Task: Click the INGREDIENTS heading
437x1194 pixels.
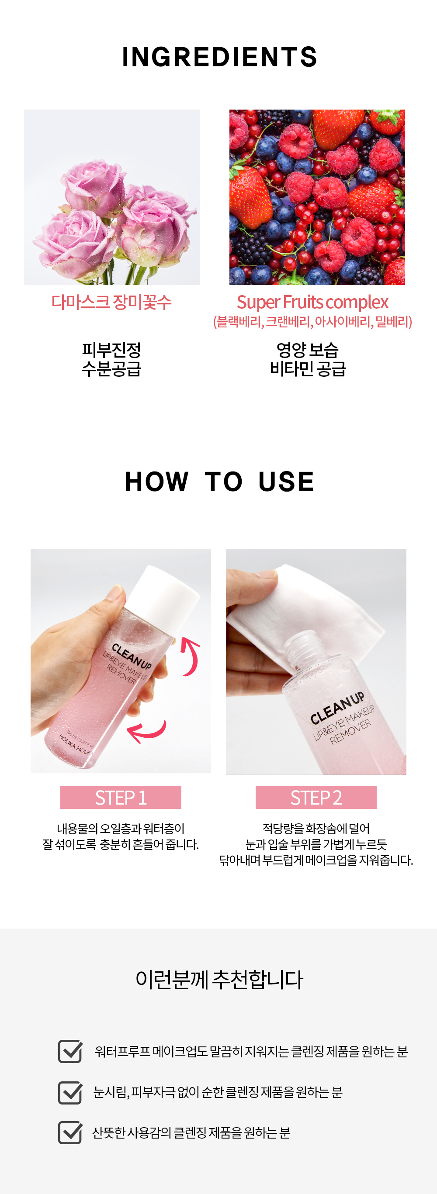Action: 219,57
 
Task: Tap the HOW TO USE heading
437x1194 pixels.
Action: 219,481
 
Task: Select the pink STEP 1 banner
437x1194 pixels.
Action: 121,797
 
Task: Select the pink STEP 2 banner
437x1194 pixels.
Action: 316,797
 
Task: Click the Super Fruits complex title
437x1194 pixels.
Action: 312,302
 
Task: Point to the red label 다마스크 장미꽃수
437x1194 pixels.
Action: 111,302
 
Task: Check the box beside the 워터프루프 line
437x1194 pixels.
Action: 70,1051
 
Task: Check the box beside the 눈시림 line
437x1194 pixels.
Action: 70,1091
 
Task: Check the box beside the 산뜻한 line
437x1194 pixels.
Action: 70,1132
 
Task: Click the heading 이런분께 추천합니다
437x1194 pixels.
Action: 219,979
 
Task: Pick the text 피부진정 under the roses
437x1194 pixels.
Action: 111,350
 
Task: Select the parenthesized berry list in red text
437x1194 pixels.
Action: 312,322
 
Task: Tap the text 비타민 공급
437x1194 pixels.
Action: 308,369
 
